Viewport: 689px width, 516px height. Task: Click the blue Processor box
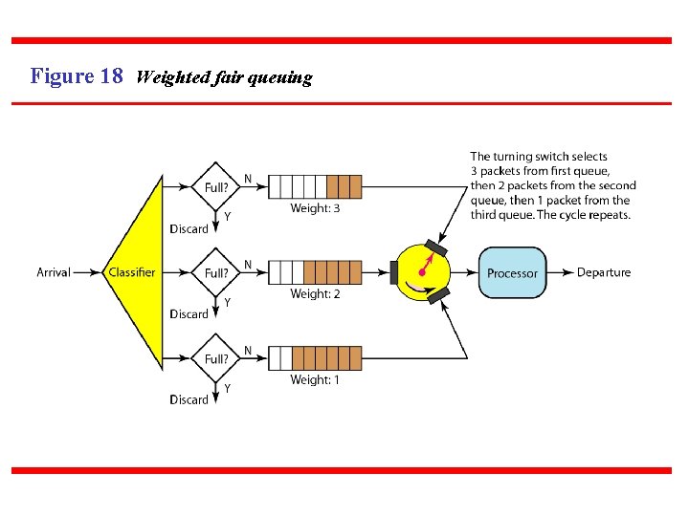tap(512, 273)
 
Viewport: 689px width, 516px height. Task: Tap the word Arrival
tap(54, 272)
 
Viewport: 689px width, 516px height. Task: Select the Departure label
tap(604, 272)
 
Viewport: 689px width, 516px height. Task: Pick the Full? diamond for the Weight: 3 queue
tap(216, 186)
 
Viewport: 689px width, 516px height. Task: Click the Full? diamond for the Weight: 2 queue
tap(216, 272)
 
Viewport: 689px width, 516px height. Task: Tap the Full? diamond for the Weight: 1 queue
tap(216, 358)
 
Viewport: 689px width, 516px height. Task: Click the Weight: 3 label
tap(315, 208)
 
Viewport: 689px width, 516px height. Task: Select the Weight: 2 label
tap(315, 294)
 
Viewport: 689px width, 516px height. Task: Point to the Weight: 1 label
tap(315, 380)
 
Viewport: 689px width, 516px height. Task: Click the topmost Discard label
tap(189, 229)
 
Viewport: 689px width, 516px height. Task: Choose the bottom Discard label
tap(189, 399)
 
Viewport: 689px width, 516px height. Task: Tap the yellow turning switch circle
tap(423, 272)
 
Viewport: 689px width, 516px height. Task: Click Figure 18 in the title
tap(77, 76)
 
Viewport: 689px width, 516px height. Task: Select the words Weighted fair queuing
tap(224, 78)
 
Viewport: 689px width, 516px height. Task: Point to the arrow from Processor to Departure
tap(561, 273)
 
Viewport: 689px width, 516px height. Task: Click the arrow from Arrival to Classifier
tap(88, 272)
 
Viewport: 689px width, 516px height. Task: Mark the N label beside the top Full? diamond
tap(248, 179)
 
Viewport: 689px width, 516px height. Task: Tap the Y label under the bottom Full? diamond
tap(227, 388)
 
